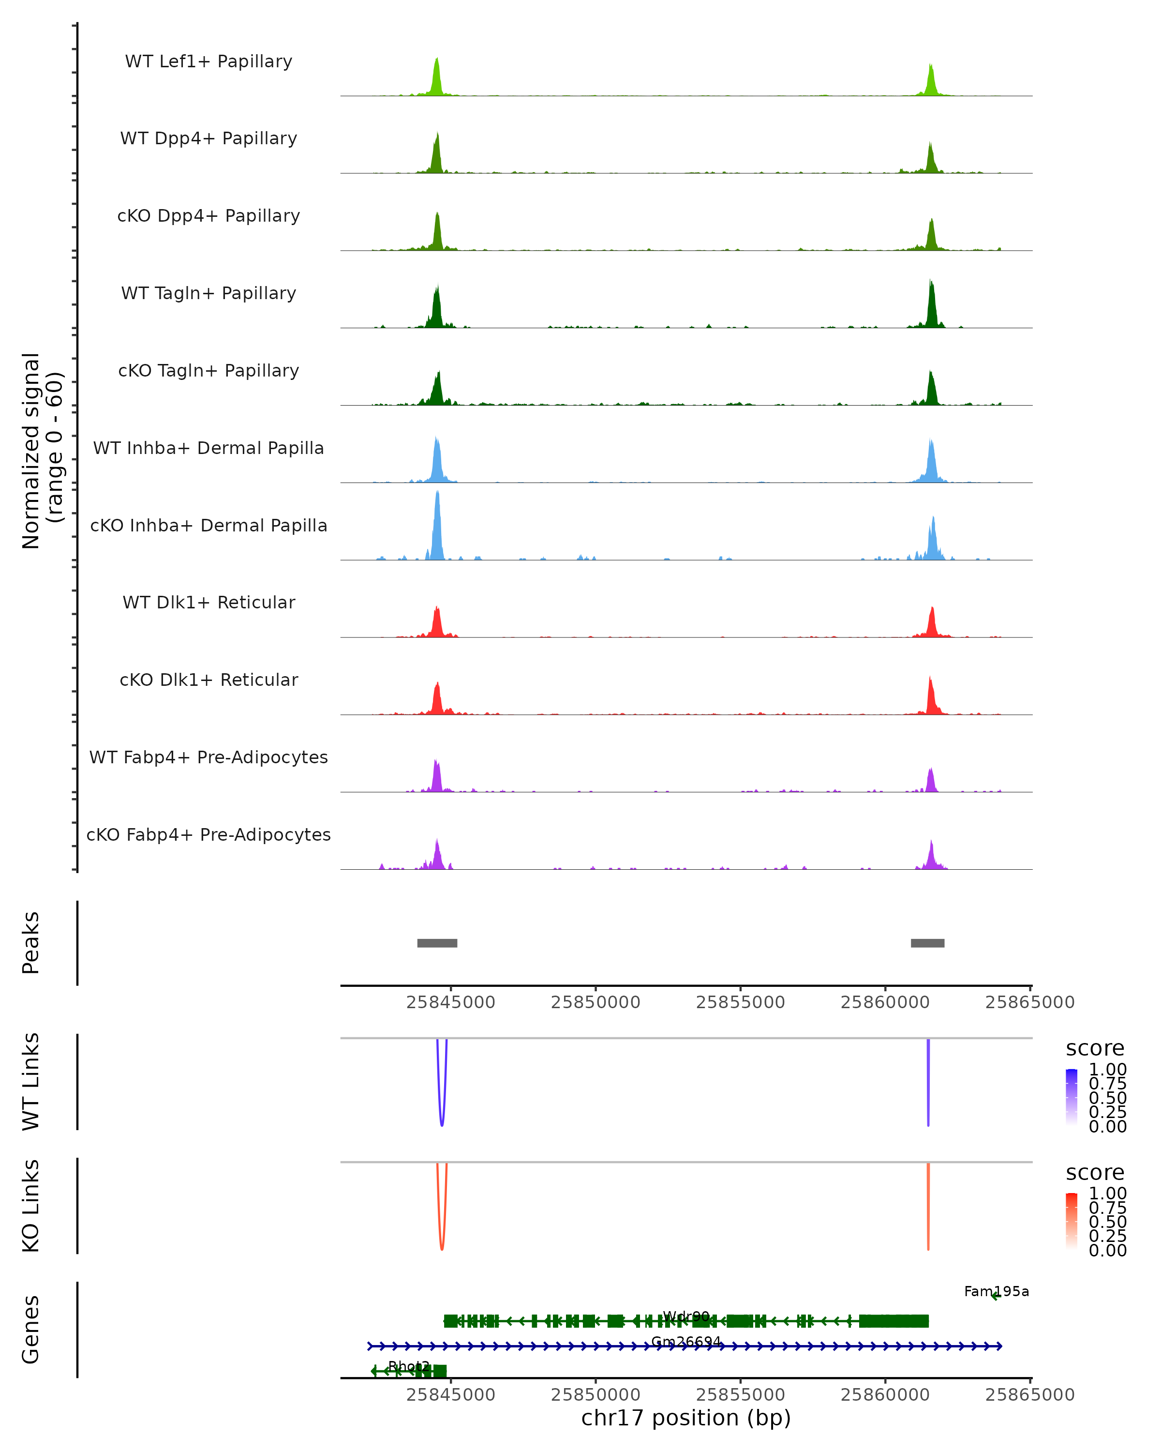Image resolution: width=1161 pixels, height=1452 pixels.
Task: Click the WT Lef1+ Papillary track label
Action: click(208, 61)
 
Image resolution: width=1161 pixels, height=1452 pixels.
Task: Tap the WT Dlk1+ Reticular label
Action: click(208, 602)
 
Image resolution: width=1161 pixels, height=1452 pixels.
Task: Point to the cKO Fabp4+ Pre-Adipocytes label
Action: click(208, 834)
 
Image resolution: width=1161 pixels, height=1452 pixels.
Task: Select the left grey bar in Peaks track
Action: click(437, 943)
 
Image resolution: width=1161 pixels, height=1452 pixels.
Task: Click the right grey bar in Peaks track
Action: click(927, 943)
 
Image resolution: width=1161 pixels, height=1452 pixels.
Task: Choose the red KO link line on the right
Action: click(928, 1206)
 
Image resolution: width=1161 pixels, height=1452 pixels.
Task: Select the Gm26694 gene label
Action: click(686, 1342)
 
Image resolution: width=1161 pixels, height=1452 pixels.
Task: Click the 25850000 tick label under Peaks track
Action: click(595, 1002)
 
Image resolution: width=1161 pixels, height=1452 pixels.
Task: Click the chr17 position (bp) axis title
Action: click(686, 1418)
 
